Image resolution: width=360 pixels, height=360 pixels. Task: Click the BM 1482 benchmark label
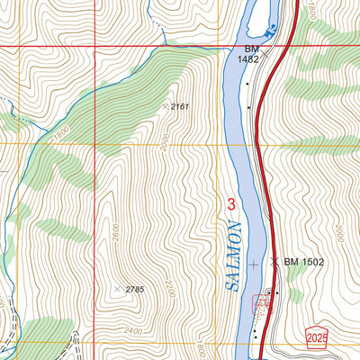(248, 54)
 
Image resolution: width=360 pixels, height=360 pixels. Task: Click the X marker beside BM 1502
(274, 262)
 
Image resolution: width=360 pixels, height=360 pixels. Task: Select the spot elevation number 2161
(180, 107)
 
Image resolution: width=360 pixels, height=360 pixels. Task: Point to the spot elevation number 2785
(134, 288)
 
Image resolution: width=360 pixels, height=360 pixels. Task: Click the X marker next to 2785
(117, 289)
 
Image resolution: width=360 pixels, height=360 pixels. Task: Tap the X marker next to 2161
(164, 106)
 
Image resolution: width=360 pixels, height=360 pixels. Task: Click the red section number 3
(231, 205)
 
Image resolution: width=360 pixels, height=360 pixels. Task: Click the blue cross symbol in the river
(254, 264)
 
